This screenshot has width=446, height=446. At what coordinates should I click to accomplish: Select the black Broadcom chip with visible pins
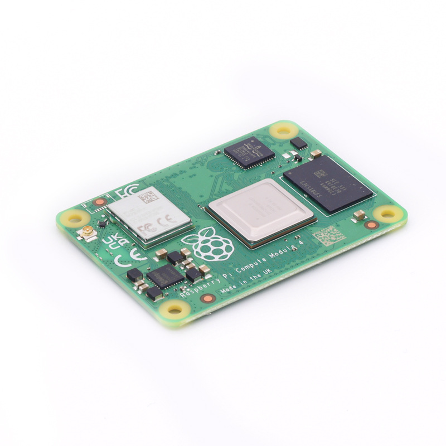point(250,151)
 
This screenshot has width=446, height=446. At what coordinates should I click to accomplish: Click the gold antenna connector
point(88,231)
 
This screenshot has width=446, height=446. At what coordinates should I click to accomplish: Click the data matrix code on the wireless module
point(147,197)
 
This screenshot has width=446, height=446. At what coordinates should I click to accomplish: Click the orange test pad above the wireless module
point(100,202)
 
